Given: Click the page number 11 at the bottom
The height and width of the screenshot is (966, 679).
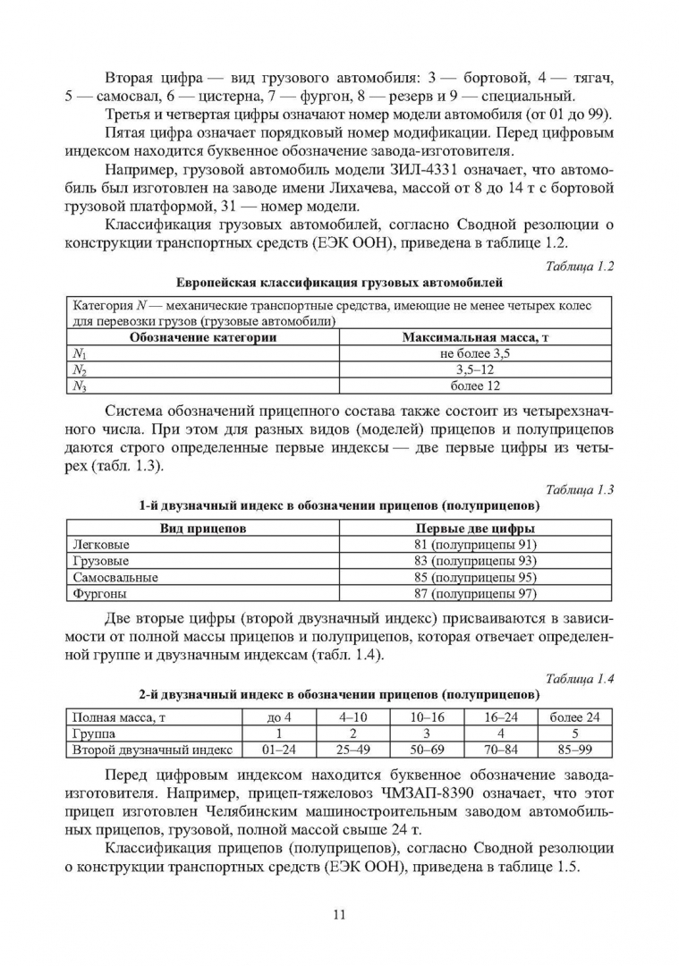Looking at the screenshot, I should (x=339, y=913).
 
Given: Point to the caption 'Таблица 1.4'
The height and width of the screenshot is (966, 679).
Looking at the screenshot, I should (x=579, y=676).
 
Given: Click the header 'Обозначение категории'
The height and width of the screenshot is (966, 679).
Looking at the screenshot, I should (x=203, y=338).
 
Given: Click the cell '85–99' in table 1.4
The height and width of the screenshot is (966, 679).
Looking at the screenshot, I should (x=573, y=750).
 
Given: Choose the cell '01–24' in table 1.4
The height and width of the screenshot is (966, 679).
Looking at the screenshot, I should (x=274, y=750).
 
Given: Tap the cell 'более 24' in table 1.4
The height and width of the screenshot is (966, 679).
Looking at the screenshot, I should (x=573, y=717).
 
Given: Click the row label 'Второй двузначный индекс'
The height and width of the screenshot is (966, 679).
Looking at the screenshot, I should (x=152, y=750).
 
